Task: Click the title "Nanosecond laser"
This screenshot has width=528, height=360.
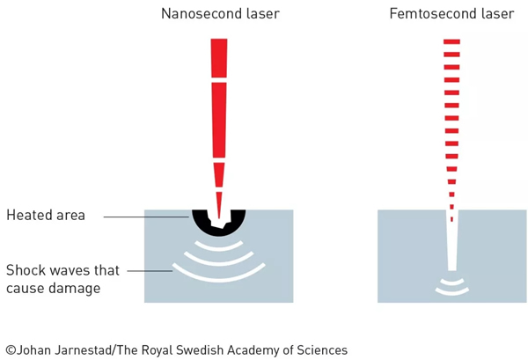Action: click(x=218, y=14)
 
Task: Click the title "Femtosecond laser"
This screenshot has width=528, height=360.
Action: click(x=451, y=14)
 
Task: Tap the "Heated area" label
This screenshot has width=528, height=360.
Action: click(x=46, y=215)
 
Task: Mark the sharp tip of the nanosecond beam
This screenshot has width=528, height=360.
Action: click(x=218, y=204)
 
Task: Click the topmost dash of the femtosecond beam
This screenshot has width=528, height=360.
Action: click(x=452, y=41)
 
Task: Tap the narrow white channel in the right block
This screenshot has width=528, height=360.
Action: click(x=452, y=246)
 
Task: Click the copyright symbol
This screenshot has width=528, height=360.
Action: click(x=11, y=349)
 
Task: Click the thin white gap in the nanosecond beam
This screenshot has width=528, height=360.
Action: click(x=218, y=81)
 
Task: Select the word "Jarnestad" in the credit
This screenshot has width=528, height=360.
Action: click(x=87, y=349)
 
